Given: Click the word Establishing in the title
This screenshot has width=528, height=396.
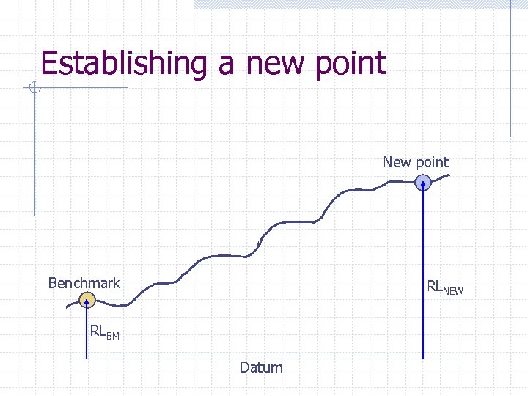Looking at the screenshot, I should pyautogui.click(x=124, y=63).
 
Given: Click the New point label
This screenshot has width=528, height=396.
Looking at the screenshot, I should pyautogui.click(x=415, y=162).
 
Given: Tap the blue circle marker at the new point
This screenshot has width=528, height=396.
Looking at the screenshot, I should pyautogui.click(x=424, y=183).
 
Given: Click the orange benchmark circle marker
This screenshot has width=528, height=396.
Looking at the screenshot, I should pyautogui.click(x=87, y=299).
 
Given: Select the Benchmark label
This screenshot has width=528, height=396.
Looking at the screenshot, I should pyautogui.click(x=84, y=283).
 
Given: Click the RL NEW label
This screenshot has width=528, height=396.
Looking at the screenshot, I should pyautogui.click(x=444, y=288).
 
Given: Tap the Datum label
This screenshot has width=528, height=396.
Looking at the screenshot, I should pyautogui.click(x=260, y=367).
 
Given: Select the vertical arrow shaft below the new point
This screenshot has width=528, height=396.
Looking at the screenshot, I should pyautogui.click(x=424, y=279).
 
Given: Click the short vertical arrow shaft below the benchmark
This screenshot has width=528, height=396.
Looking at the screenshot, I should pyautogui.click(x=87, y=334).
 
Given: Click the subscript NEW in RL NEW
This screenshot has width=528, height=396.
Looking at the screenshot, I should pyautogui.click(x=454, y=291).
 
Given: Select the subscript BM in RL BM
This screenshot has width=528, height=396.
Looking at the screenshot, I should pyautogui.click(x=112, y=335).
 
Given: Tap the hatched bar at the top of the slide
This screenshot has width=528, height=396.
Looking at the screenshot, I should pyautogui.click(x=352, y=4).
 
